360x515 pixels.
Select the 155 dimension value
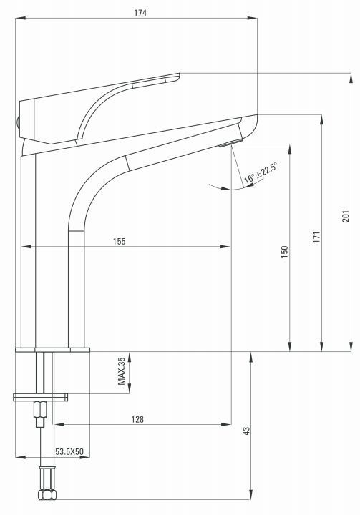(119, 242)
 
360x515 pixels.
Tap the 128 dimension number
(138, 420)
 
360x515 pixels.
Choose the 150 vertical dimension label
(284, 251)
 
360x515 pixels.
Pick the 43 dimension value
(245, 431)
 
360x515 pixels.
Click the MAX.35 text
(122, 372)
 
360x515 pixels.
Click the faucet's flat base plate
(53, 350)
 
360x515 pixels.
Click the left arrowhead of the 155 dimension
(25, 247)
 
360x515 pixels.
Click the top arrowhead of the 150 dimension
(289, 147)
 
